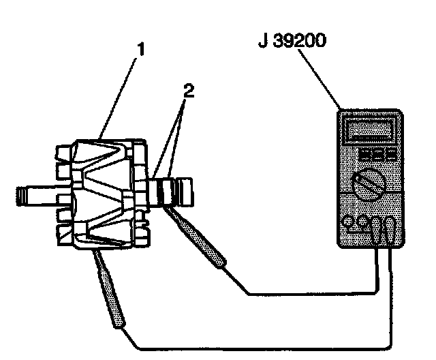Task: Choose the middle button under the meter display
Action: [x=373, y=154]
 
